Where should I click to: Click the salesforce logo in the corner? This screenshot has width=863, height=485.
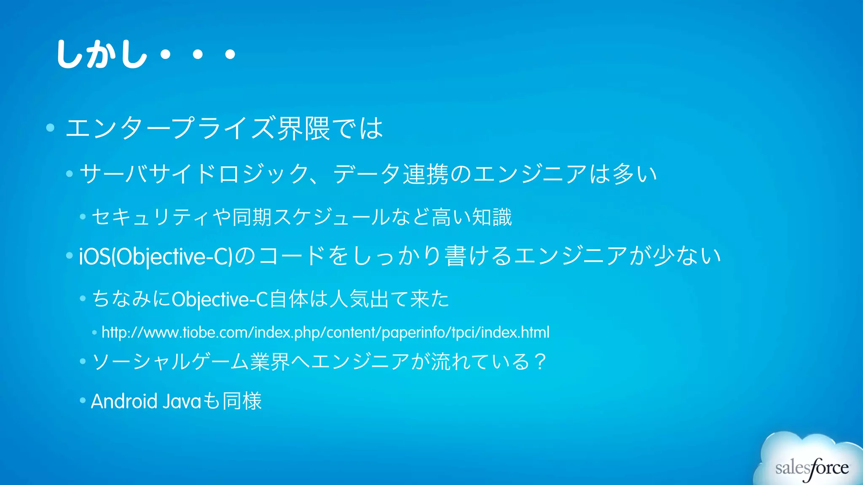click(812, 467)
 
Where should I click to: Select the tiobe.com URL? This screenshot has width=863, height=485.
click(325, 333)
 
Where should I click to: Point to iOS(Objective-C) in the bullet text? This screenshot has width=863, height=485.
click(155, 256)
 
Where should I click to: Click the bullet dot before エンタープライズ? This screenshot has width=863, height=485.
click(51, 128)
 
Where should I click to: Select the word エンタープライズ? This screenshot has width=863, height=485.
click(170, 128)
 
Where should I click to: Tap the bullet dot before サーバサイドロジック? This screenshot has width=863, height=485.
click(70, 173)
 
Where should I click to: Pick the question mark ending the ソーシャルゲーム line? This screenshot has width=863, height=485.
click(540, 362)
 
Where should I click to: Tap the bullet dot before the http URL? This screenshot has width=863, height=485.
click(94, 333)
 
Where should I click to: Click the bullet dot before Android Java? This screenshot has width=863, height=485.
click(83, 400)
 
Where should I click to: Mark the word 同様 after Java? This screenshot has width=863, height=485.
click(242, 401)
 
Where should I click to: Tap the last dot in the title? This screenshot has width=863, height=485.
click(230, 54)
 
